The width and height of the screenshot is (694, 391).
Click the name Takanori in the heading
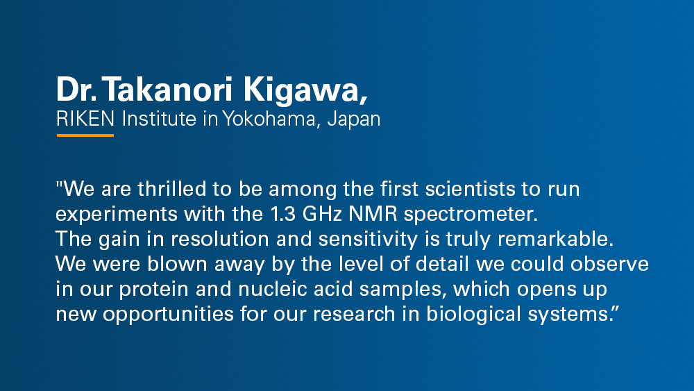168,90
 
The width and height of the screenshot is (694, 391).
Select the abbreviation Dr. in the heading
76,90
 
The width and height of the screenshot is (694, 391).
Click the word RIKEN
85,119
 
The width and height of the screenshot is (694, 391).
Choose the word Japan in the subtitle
354,119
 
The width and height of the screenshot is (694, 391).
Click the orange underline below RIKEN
85,135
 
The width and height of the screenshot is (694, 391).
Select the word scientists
470,189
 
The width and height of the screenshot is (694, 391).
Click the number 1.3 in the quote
282,214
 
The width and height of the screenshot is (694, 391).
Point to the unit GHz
322,214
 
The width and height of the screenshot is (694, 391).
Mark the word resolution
220,239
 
